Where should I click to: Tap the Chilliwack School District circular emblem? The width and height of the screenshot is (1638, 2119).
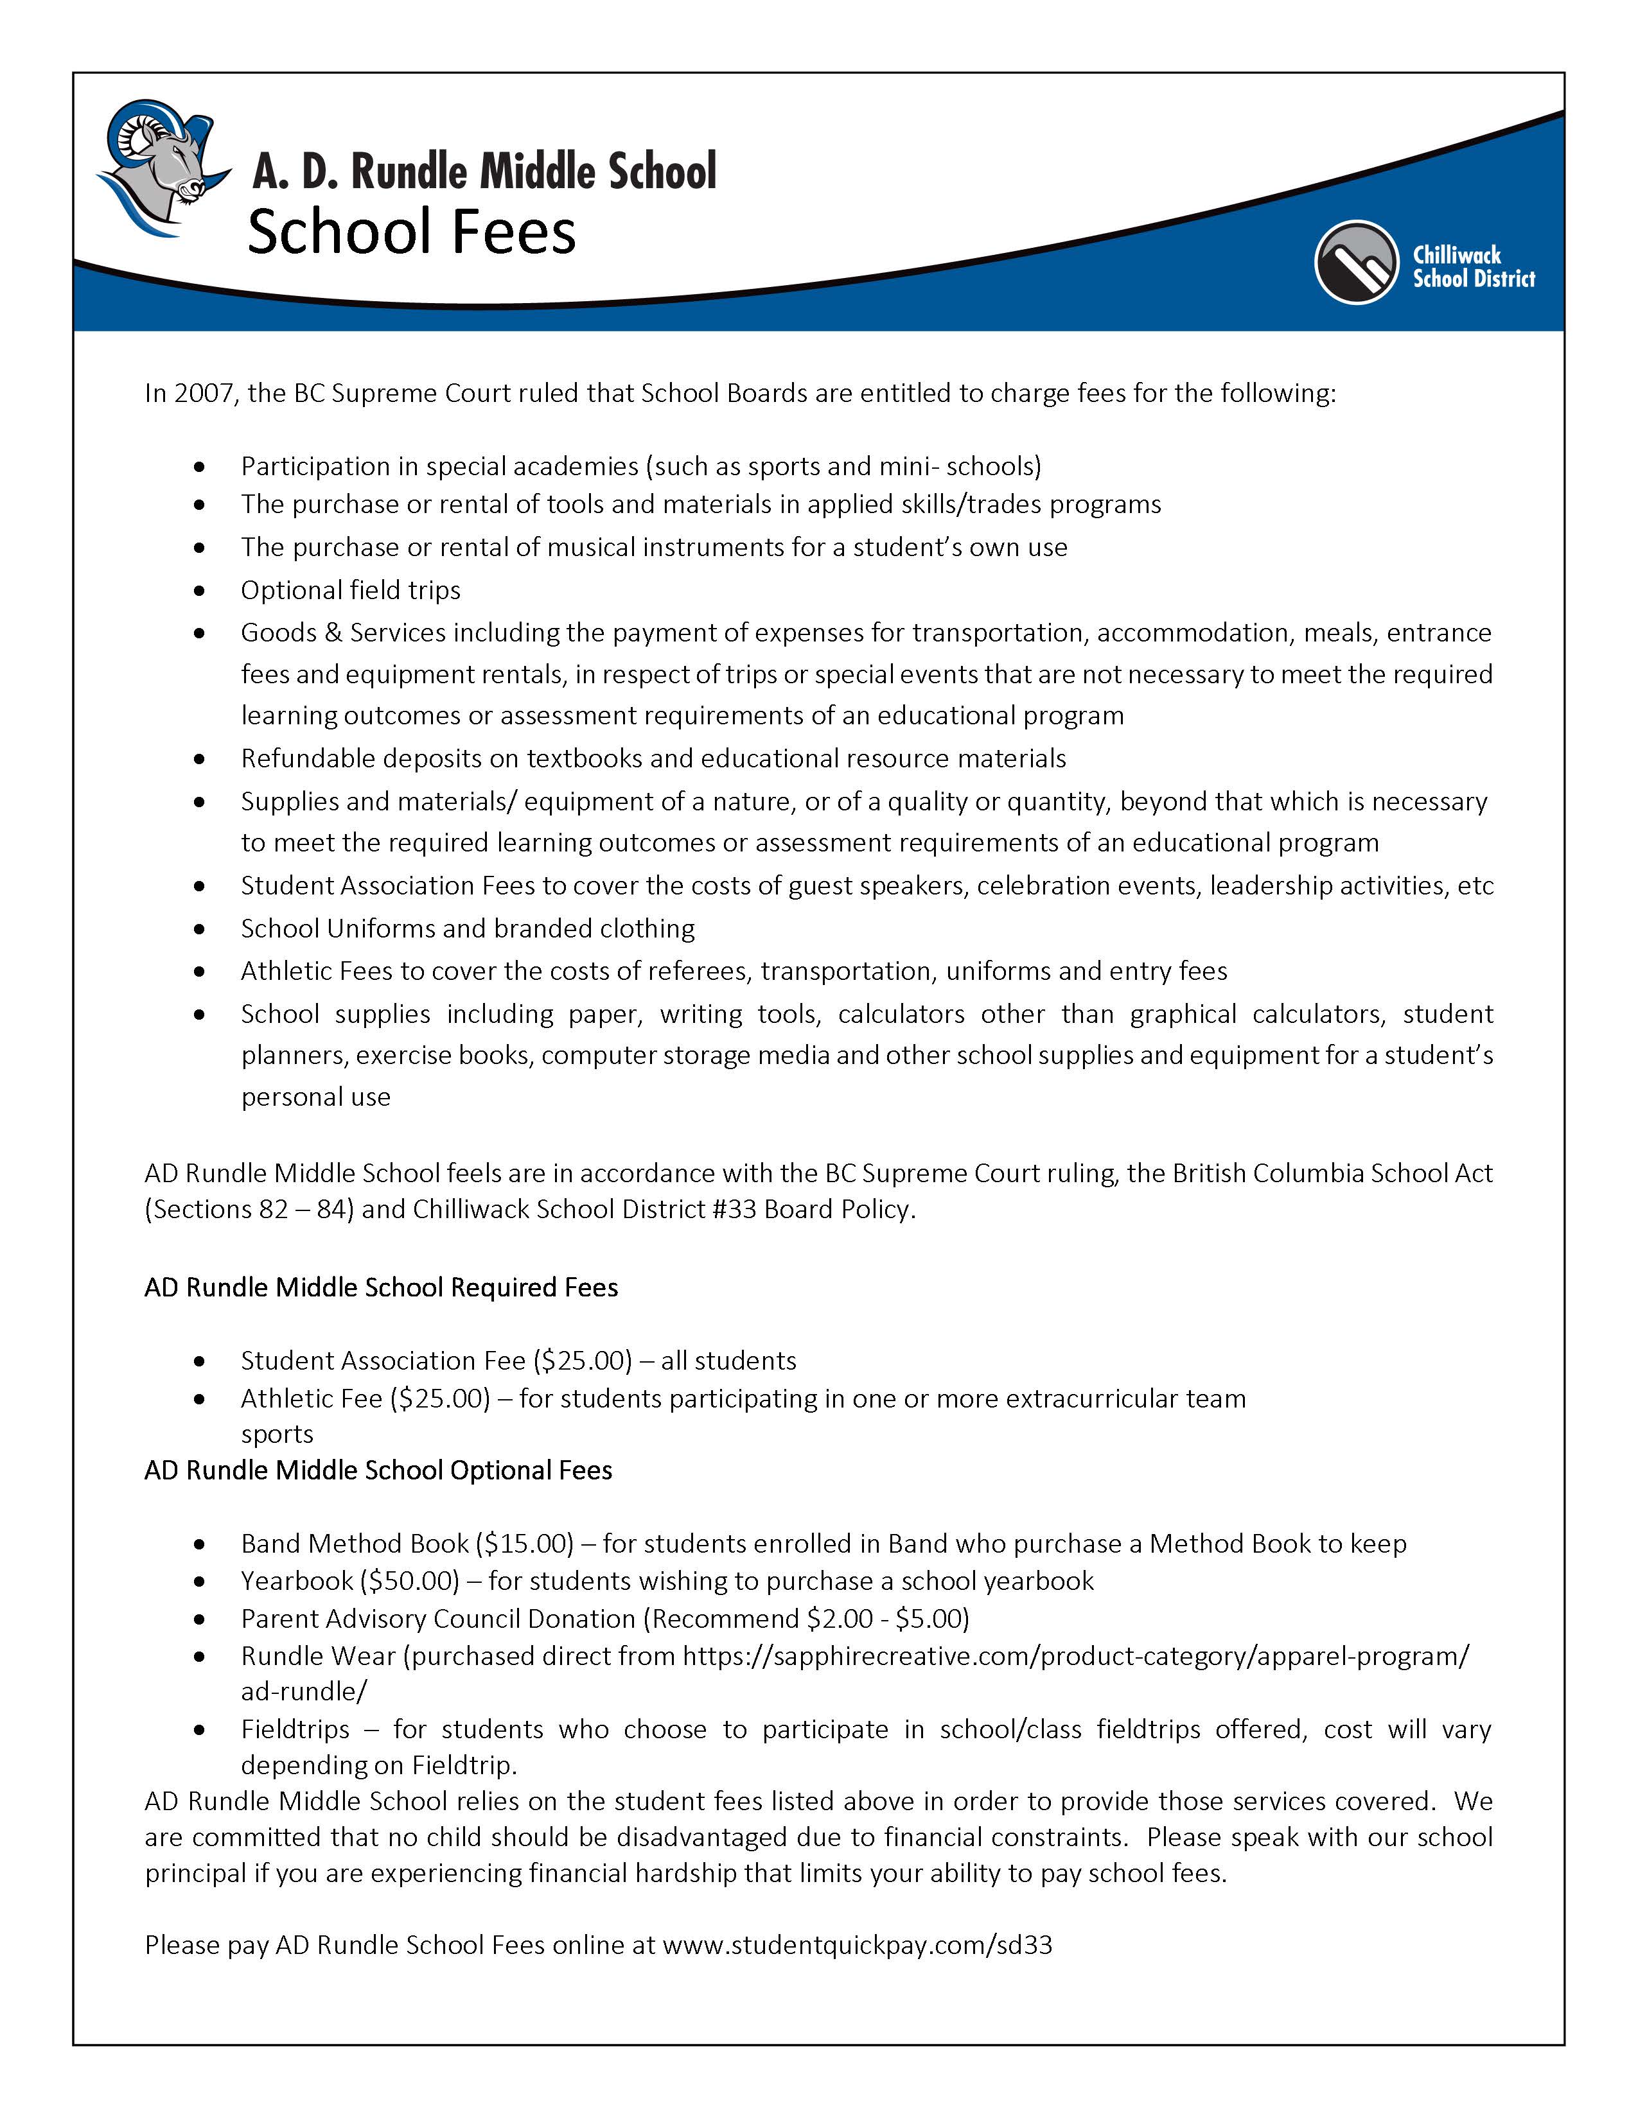click(x=1355, y=262)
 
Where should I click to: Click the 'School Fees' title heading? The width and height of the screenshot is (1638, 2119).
click(x=412, y=233)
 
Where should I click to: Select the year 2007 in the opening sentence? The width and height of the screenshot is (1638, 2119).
click(x=203, y=393)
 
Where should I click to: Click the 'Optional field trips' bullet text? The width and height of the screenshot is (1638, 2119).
click(x=350, y=590)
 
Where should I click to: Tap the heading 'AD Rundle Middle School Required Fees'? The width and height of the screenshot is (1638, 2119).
click(x=380, y=1287)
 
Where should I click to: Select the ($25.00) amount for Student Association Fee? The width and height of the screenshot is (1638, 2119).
click(x=582, y=1360)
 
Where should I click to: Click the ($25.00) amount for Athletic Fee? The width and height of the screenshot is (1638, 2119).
click(x=441, y=1398)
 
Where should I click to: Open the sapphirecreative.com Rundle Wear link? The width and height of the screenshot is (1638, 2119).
click(x=1075, y=1655)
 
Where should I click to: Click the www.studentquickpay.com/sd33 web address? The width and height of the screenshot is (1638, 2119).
click(x=857, y=1946)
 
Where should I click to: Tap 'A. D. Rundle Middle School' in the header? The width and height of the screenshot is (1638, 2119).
click(x=484, y=171)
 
